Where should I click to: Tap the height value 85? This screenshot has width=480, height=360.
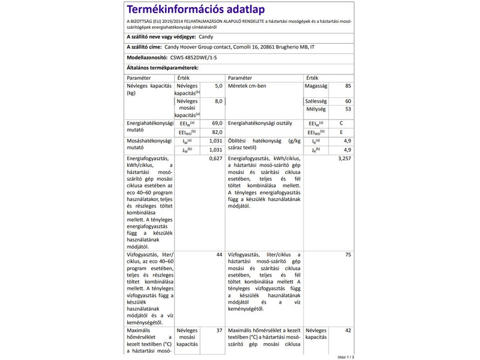(x=349, y=86)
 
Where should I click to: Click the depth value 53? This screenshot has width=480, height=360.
(x=349, y=109)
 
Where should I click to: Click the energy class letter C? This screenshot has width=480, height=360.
(x=341, y=123)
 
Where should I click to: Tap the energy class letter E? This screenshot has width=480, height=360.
(x=341, y=132)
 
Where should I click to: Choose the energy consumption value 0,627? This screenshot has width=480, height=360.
(x=215, y=158)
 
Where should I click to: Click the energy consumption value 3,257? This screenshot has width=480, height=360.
(x=344, y=158)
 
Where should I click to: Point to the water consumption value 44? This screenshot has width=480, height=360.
(x=219, y=255)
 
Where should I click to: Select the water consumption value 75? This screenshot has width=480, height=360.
(x=348, y=255)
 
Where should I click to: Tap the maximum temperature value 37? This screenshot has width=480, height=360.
(x=219, y=331)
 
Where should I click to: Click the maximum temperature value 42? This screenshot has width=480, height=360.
(x=348, y=331)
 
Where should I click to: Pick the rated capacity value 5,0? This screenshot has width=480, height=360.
(x=218, y=86)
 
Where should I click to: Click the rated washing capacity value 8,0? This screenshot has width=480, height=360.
(x=218, y=101)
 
